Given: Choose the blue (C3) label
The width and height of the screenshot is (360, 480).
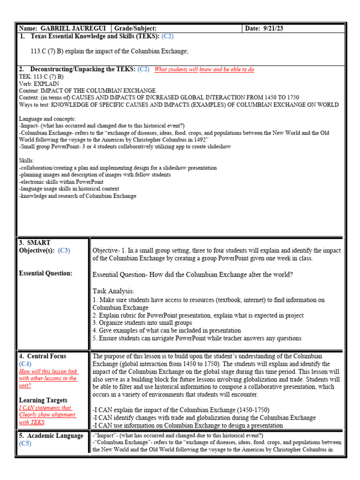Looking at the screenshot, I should point(64,250).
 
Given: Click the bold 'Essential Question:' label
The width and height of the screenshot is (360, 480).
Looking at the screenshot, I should point(45,273).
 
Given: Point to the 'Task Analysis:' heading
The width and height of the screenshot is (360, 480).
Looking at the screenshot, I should point(113,291).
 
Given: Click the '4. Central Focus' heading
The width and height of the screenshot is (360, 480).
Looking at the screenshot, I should point(43,356).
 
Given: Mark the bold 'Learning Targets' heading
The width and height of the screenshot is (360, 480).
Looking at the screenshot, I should point(43,400).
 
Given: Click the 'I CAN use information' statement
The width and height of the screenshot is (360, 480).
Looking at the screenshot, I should point(187,425).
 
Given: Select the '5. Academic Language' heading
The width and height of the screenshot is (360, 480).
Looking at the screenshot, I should point(51,435).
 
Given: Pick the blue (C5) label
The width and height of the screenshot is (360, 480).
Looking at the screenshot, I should point(25,443).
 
